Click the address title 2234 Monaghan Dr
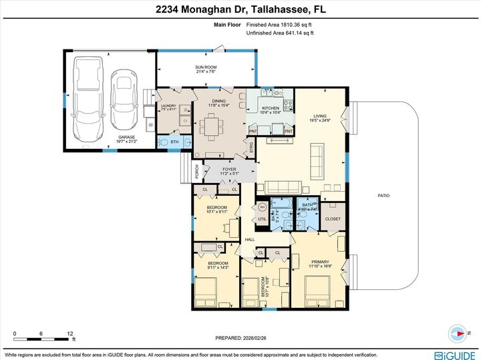(240, 11)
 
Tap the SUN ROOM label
(205, 67)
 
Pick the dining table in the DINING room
(212, 125)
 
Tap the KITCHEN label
(270, 108)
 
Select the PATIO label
(382, 195)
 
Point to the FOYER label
(230, 170)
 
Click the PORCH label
(188, 171)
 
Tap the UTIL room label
(263, 218)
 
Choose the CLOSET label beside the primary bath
(332, 218)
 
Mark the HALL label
(250, 239)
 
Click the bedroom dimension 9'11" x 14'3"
(218, 268)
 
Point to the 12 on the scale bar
(69, 333)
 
